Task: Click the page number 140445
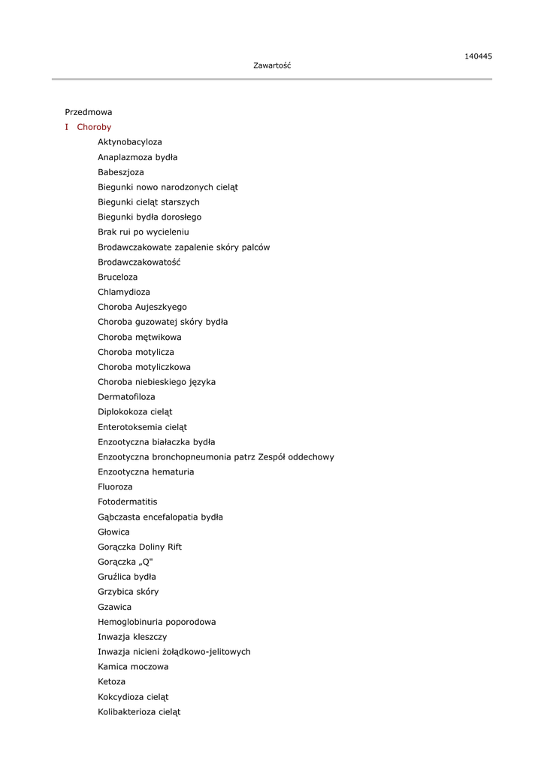(x=478, y=56)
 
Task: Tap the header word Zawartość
(x=272, y=65)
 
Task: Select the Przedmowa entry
(x=89, y=112)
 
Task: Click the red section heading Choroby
(x=94, y=127)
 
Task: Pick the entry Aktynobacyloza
(x=130, y=142)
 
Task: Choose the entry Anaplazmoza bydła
(x=138, y=157)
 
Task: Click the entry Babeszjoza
(x=121, y=172)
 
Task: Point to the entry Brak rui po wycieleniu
(x=144, y=232)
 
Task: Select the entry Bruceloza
(x=118, y=277)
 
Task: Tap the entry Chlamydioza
(x=124, y=292)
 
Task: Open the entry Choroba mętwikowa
(x=140, y=337)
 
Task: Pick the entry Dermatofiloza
(x=127, y=397)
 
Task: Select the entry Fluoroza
(x=115, y=487)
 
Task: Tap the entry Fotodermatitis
(x=128, y=502)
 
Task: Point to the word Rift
(x=175, y=547)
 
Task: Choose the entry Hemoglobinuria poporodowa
(x=157, y=622)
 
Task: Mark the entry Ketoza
(x=112, y=682)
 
